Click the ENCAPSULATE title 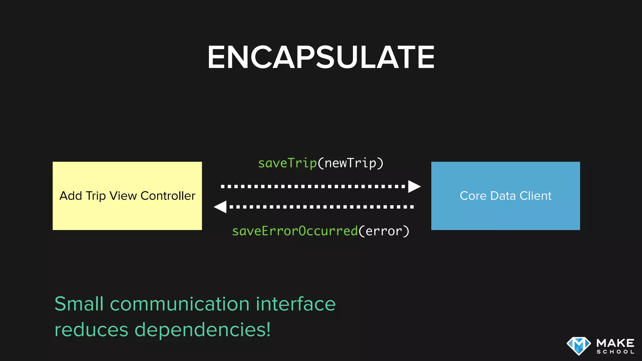coord(321,57)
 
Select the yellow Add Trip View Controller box coord(127,213)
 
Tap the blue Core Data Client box coord(505,213)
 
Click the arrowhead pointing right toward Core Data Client coord(414,186)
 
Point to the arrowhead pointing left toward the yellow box coord(220,207)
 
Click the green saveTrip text coord(287,163)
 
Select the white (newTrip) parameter coord(350,163)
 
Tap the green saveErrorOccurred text coord(295,231)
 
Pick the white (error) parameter coord(384,231)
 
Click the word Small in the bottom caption coord(79,304)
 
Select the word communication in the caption coord(180,304)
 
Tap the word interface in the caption coord(296,304)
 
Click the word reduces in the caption coord(91,330)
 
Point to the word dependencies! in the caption coord(203,330)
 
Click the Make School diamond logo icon coord(578,346)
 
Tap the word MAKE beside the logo coord(615,343)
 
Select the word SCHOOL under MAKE coord(615,352)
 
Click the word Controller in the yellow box coord(168,196)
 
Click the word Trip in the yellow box coord(96,196)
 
